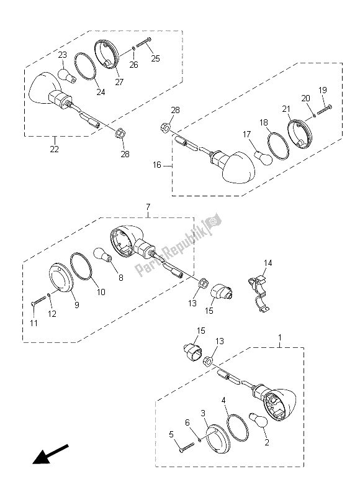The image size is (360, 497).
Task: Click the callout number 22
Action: [54, 148]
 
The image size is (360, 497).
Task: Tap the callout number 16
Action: [157, 165]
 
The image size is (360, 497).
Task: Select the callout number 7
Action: [148, 207]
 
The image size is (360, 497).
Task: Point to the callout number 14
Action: [268, 263]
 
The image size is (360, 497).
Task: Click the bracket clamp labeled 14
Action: [259, 293]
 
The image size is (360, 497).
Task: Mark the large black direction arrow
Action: [50, 454]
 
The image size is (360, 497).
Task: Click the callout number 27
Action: [119, 82]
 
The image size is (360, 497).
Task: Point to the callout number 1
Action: [279, 337]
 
